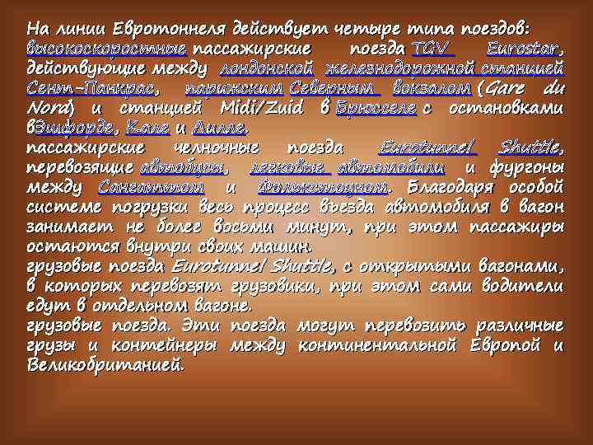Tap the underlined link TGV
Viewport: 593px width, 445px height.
coord(433,46)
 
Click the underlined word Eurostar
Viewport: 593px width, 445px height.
coord(524,46)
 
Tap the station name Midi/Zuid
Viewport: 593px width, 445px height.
coord(264,109)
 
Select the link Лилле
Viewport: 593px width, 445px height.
coord(218,129)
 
